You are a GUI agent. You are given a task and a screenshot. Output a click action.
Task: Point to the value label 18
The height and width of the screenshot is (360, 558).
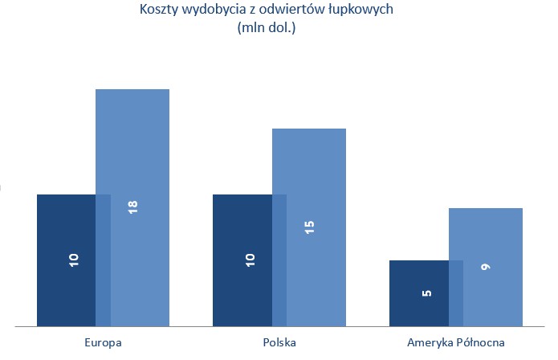tap(132, 207)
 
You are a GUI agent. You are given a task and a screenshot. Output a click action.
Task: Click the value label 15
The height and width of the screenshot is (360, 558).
tap(309, 227)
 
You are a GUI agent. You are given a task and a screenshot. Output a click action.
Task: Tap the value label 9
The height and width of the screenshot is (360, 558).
tap(485, 267)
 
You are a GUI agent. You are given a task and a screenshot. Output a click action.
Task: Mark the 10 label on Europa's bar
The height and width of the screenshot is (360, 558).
tap(73, 260)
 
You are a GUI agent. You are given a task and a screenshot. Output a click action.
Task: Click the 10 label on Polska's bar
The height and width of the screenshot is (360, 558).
tap(250, 260)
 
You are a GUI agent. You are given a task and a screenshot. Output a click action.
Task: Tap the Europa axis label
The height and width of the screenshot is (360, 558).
tap(103, 342)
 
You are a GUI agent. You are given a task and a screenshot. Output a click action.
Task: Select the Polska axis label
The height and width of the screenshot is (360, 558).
tap(279, 342)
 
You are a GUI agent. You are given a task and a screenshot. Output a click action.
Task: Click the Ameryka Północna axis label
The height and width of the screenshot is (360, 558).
tap(455, 342)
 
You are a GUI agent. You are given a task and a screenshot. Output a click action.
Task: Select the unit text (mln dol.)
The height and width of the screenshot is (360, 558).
tap(267, 28)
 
